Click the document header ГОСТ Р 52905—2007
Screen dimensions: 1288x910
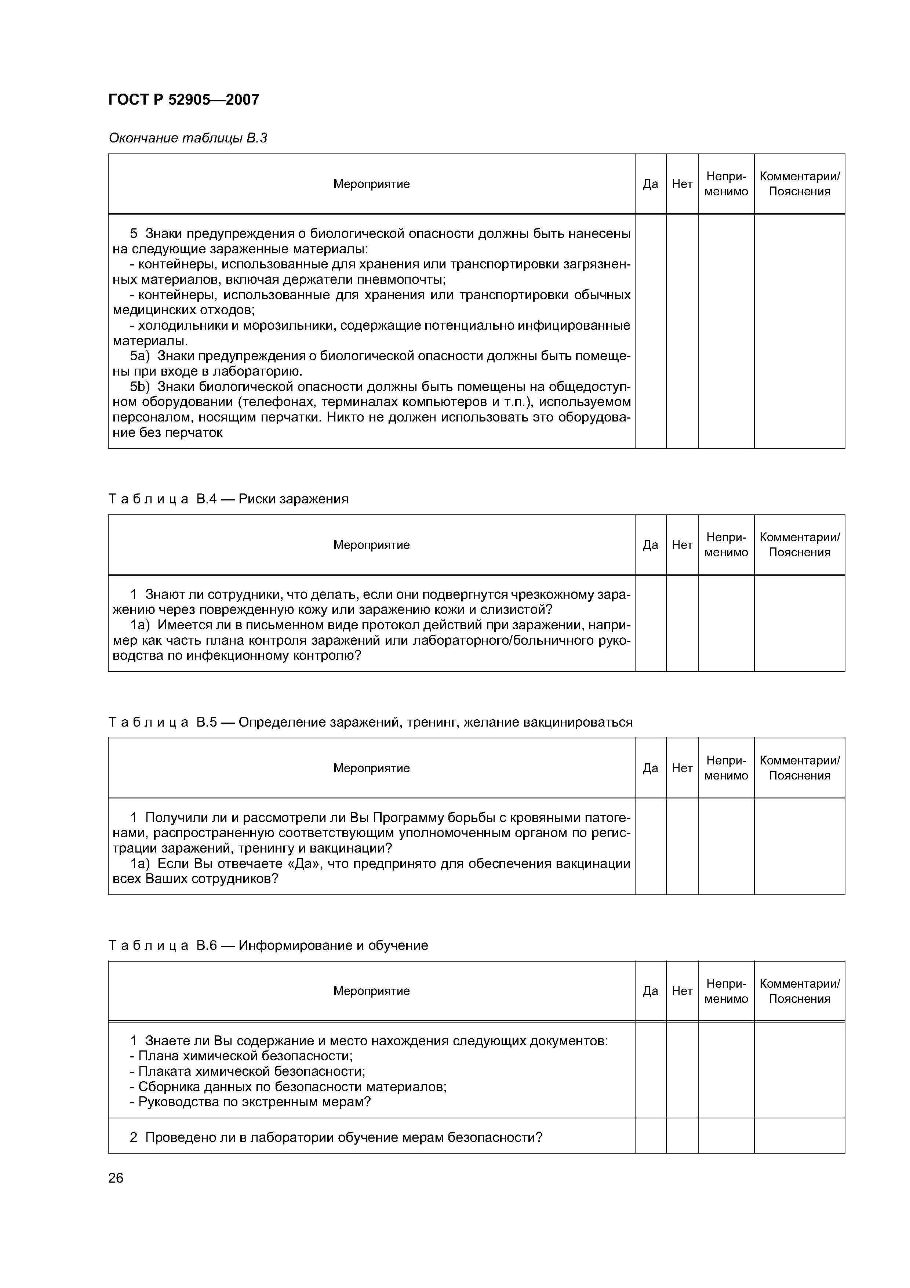coord(183,100)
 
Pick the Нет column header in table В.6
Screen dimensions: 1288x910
coord(682,991)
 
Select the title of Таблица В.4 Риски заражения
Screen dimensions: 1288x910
coord(228,499)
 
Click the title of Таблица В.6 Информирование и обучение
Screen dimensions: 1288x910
coord(268,945)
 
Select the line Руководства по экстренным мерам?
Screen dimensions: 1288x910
coord(250,1102)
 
